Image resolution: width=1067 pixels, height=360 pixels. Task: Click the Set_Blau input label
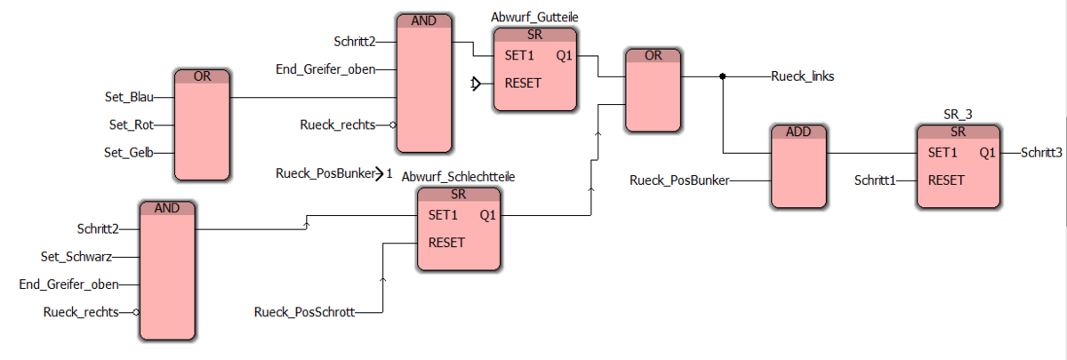(x=129, y=96)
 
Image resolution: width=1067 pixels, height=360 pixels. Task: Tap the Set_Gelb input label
(x=129, y=153)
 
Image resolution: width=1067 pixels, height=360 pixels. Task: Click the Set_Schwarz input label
(x=80, y=257)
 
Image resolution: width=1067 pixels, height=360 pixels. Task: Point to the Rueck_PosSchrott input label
(x=305, y=313)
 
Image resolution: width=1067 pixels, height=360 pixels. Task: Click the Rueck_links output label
(x=802, y=76)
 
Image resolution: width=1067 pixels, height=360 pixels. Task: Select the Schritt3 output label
(x=1041, y=152)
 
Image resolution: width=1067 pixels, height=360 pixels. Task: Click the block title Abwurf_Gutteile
(x=533, y=18)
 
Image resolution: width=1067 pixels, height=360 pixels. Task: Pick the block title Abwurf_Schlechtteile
(x=458, y=177)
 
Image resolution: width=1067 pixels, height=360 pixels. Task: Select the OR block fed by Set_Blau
(x=202, y=124)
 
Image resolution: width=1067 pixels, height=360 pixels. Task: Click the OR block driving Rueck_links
(x=654, y=90)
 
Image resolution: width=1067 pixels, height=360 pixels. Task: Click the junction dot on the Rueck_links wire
(x=723, y=76)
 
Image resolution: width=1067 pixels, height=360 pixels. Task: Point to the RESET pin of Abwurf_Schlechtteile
(x=447, y=243)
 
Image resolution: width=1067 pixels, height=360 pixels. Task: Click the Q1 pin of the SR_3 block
(x=988, y=152)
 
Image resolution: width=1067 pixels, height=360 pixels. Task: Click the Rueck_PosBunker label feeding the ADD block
(x=680, y=180)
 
